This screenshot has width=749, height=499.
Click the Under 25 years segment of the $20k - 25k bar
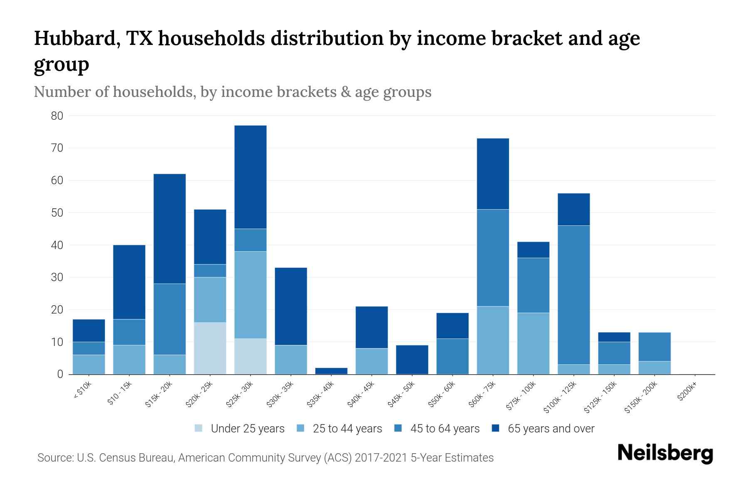210,348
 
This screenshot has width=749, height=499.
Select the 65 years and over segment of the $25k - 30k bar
250,177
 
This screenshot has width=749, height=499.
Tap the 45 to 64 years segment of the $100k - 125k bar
574,295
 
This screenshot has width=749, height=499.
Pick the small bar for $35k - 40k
331,371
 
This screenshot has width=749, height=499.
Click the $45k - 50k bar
412,360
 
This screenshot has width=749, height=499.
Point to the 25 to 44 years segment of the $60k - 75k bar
493,340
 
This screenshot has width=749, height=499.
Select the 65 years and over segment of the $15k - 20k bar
170,229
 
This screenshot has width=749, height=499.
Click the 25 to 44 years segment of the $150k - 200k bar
655,368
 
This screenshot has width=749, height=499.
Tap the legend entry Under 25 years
247,429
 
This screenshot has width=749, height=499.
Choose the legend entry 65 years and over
551,429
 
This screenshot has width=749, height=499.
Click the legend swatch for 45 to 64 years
398,428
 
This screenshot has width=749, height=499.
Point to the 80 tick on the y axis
57,116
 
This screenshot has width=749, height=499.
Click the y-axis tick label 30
57,277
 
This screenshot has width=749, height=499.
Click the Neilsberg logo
665,453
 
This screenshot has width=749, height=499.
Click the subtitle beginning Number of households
233,92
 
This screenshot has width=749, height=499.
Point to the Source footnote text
265,458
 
